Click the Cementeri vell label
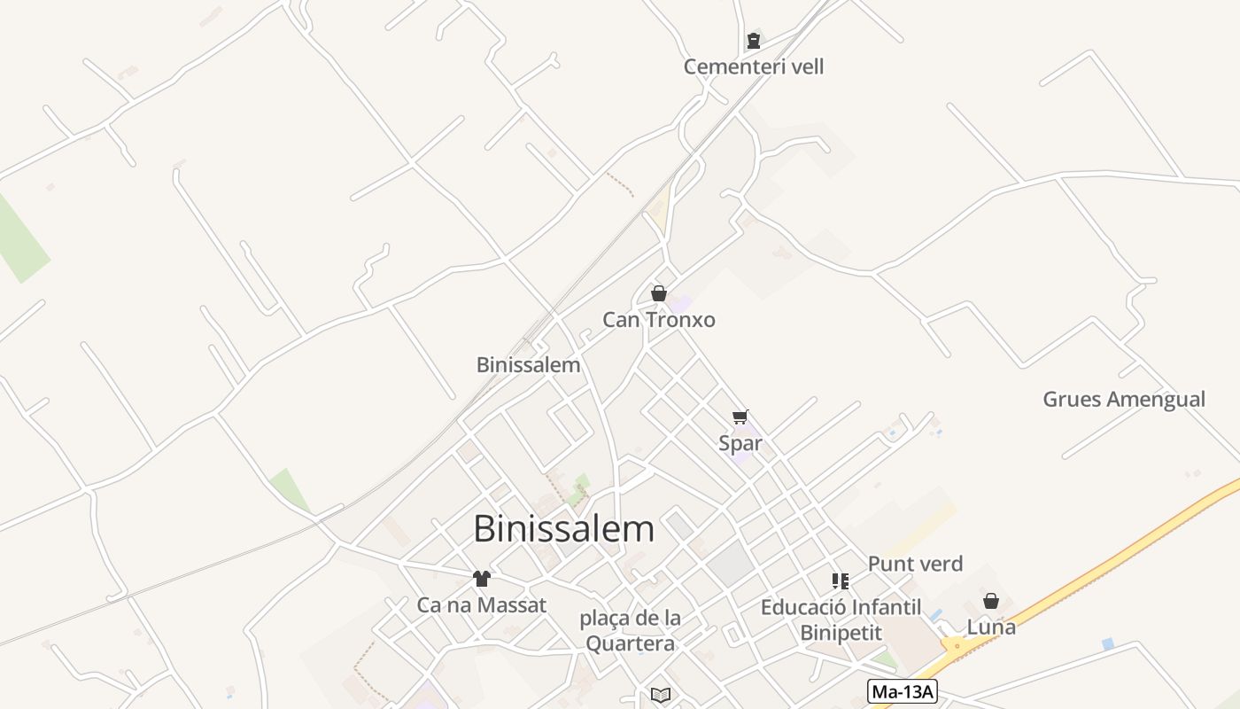(754, 66)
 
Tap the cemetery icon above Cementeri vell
(754, 40)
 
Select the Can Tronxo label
(658, 320)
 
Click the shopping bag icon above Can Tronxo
(659, 293)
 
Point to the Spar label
(740, 443)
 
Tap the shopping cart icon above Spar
(740, 417)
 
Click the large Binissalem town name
(564, 529)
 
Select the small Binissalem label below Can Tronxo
(528, 364)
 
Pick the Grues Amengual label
(1124, 399)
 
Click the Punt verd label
(915, 564)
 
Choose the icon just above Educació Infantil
(841, 581)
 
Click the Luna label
(991, 627)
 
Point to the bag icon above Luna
(991, 601)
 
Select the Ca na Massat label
(482, 605)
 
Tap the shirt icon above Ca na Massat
(482, 579)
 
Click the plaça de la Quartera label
(630, 630)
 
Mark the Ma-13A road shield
(903, 691)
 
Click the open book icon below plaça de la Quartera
(661, 695)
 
